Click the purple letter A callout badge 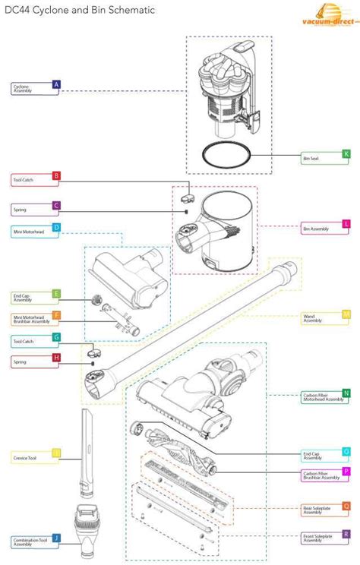click(56, 85)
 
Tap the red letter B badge click(56, 177)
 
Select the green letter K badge click(346, 154)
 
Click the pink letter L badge click(346, 224)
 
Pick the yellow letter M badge click(346, 314)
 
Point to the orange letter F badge click(56, 315)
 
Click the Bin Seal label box click(320, 158)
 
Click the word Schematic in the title click(129, 11)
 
